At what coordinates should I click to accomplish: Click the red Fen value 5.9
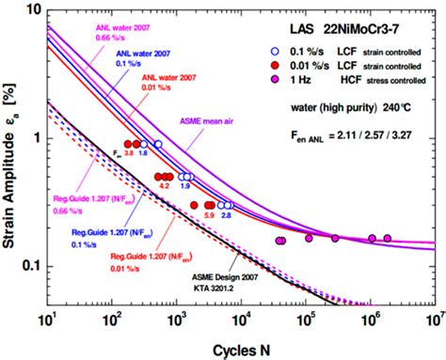pos(208,216)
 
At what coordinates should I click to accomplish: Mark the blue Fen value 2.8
pos(227,216)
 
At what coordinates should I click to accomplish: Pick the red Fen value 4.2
pos(164,188)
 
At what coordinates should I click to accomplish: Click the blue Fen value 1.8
pos(143,153)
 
